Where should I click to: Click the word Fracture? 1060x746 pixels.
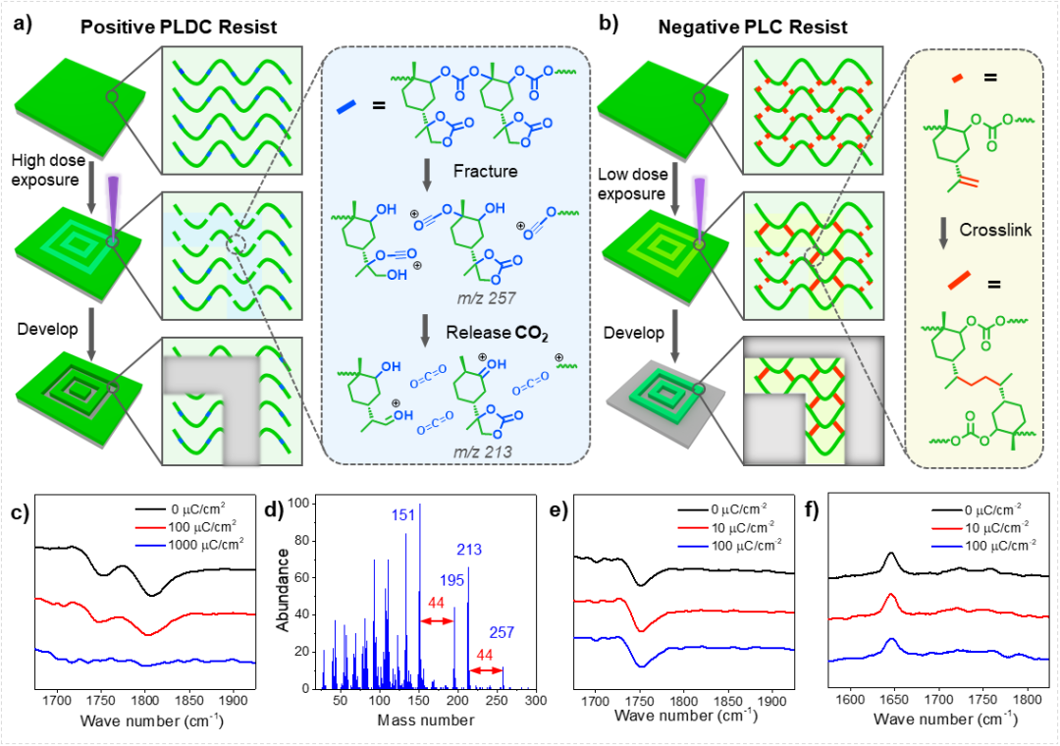pyautogui.click(x=485, y=171)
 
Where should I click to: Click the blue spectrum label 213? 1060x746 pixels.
pyautogui.click(x=469, y=550)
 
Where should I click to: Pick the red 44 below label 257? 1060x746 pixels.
pyautogui.click(x=484, y=655)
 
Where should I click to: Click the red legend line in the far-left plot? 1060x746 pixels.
pyautogui.click(x=151, y=527)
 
